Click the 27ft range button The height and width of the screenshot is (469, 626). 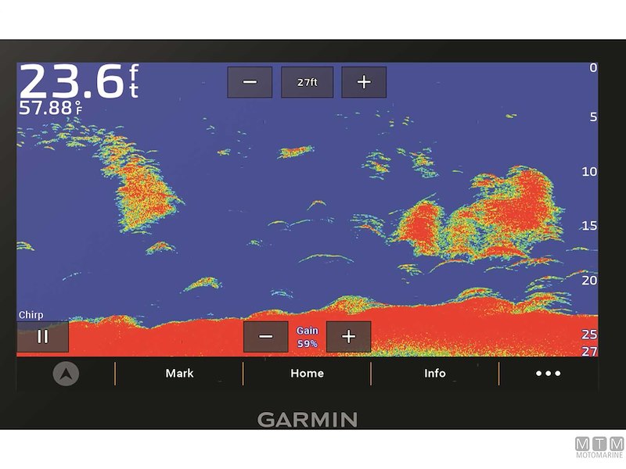click(307, 82)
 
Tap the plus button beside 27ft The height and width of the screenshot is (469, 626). click(364, 82)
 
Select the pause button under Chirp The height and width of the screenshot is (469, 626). click(43, 336)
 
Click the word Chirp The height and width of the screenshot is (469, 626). click(31, 315)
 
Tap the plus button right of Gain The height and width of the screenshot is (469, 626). click(348, 336)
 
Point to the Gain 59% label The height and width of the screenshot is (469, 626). click(308, 337)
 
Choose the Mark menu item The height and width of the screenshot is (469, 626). click(179, 374)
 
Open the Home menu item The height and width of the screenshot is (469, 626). click(307, 374)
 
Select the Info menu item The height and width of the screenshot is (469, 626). click(435, 374)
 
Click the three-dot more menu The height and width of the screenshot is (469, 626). click(548, 374)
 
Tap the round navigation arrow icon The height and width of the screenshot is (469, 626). click(66, 374)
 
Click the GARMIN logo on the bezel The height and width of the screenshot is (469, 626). click(307, 419)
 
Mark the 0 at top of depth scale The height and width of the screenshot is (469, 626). click(593, 68)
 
